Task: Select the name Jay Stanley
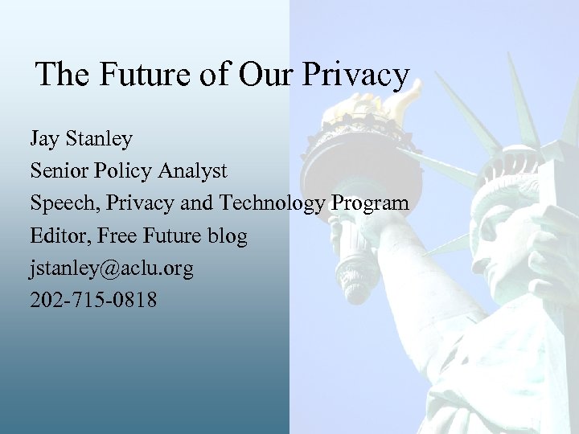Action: [81, 140]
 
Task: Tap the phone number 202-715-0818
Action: [94, 301]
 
